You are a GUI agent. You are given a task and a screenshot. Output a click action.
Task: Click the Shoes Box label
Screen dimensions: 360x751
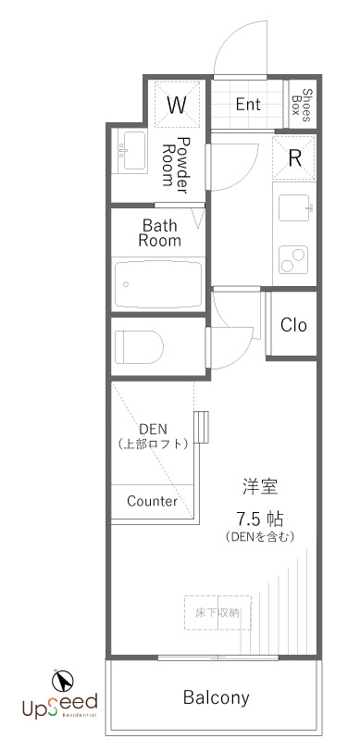coord(303,105)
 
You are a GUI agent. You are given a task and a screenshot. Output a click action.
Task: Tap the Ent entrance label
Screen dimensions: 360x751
coord(248,105)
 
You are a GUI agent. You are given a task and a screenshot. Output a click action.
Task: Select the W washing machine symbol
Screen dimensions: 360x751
coord(177,105)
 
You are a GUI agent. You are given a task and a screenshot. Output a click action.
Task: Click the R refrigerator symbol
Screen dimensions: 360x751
coord(294,158)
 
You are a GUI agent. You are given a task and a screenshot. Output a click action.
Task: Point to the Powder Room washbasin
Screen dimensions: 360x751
coord(132,150)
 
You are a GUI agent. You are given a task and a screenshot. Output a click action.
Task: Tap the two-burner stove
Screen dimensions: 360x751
coord(293,259)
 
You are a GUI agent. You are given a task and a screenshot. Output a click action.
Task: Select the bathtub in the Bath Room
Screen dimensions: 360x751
coord(158,284)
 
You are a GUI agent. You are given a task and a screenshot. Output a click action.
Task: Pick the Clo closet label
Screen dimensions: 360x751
coord(293,325)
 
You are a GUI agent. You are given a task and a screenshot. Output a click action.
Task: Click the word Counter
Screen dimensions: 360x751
coord(152,502)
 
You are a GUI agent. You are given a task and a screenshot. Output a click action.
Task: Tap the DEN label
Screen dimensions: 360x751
coord(154,429)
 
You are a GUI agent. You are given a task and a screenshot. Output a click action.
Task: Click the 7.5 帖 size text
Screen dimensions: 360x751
coord(260,519)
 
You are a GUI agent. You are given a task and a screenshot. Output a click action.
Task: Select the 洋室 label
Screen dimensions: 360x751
coord(260,487)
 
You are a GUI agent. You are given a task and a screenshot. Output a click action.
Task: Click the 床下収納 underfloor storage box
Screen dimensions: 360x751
coord(217,613)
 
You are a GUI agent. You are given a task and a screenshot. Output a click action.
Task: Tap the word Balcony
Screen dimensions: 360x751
coord(217,698)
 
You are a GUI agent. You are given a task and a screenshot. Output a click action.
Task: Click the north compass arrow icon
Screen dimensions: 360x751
coord(63,680)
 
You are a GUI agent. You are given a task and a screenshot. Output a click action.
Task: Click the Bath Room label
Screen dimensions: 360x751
coord(159,232)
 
